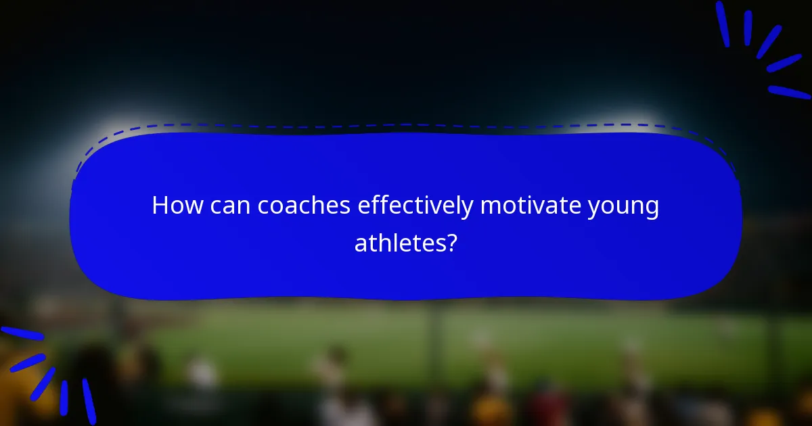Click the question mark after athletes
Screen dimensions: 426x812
point(450,243)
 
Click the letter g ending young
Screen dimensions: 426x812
point(652,210)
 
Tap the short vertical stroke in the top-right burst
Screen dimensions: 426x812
point(748,28)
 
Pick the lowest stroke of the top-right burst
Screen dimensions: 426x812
point(789,92)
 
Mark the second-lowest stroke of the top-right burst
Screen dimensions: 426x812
point(784,63)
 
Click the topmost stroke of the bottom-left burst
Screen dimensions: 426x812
point(22,333)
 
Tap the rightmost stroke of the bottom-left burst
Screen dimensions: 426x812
point(89,400)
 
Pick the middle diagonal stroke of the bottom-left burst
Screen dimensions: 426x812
point(43,383)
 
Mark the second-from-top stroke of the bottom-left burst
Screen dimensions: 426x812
point(27,362)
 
